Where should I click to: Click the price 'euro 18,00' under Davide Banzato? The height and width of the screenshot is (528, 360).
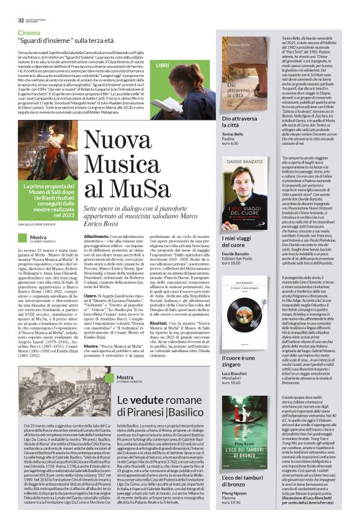[x=233, y=264]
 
